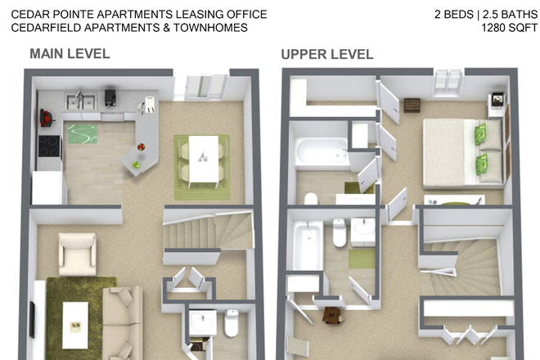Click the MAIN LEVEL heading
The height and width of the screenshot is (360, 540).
pos(70,55)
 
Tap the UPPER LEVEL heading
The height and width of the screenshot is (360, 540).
pos(327,55)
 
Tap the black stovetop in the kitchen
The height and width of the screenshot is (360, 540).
pos(48,146)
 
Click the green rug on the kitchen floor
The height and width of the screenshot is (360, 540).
pos(81,133)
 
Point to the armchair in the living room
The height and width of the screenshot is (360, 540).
pos(78,254)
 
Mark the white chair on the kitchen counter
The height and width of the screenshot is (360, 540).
pos(150,104)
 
